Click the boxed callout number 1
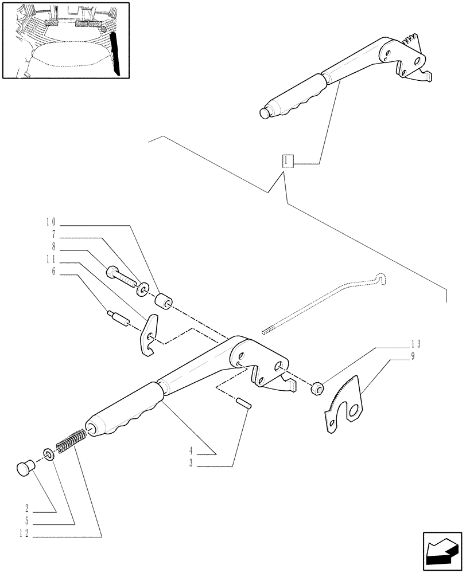point(287,161)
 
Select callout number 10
point(50,221)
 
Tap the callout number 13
point(416,344)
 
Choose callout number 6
point(53,272)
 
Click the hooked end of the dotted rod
point(380,277)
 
